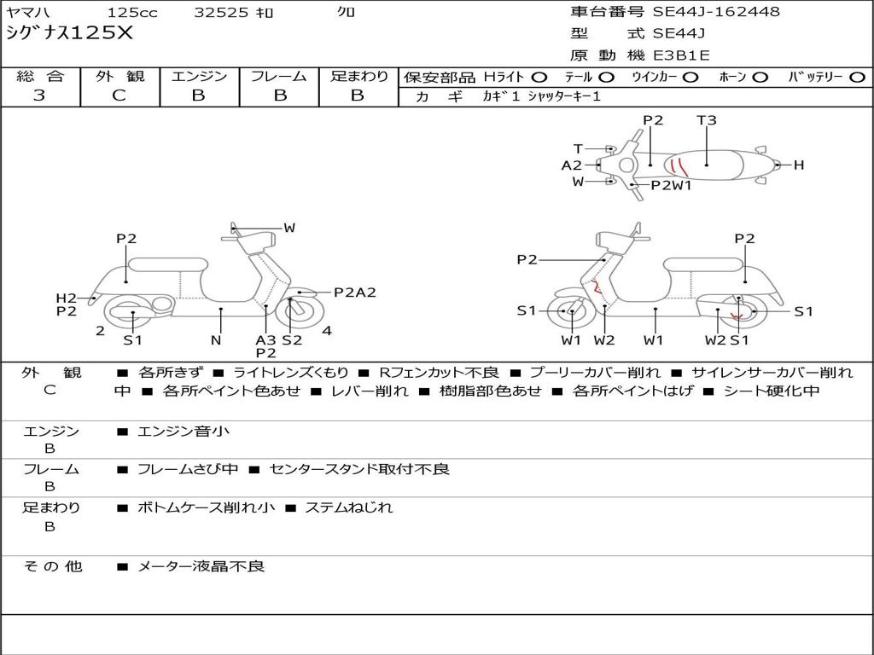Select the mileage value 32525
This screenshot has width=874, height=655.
tap(221, 13)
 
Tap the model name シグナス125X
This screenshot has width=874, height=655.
tap(70, 34)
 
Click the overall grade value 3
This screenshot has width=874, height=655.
tap(39, 96)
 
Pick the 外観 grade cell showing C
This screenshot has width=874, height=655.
tap(119, 96)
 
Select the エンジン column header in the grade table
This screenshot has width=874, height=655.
tap(199, 76)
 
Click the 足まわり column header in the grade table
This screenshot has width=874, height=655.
tap(358, 76)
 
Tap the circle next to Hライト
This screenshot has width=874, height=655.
tap(539, 77)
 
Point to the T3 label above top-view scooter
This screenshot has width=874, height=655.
tap(707, 120)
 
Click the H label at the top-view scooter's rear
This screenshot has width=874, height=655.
tap(799, 165)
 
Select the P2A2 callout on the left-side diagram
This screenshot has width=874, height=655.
tap(354, 293)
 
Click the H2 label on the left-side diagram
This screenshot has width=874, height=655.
tap(67, 298)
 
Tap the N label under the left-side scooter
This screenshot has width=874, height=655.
tap(216, 340)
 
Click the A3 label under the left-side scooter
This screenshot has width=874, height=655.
tap(265, 339)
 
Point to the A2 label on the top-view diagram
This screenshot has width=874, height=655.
tap(572, 165)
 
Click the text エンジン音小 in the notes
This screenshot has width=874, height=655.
tap(184, 432)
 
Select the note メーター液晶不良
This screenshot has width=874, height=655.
tap(201, 566)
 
